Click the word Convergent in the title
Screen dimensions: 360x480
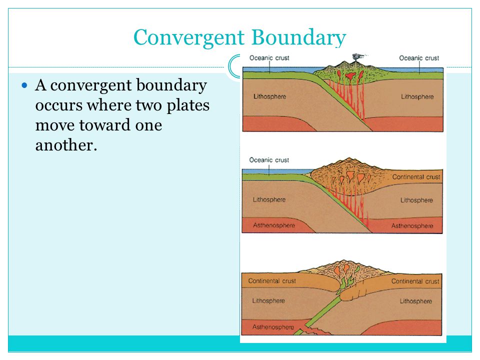click(189, 37)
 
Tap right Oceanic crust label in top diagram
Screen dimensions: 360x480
click(419, 58)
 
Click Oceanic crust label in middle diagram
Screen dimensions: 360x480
click(268, 160)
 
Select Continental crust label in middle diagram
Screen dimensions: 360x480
click(416, 177)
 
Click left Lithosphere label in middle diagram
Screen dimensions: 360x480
click(269, 199)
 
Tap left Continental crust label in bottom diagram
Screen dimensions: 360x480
click(271, 281)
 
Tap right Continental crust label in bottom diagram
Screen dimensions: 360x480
click(415, 281)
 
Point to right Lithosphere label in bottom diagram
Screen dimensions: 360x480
click(415, 301)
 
